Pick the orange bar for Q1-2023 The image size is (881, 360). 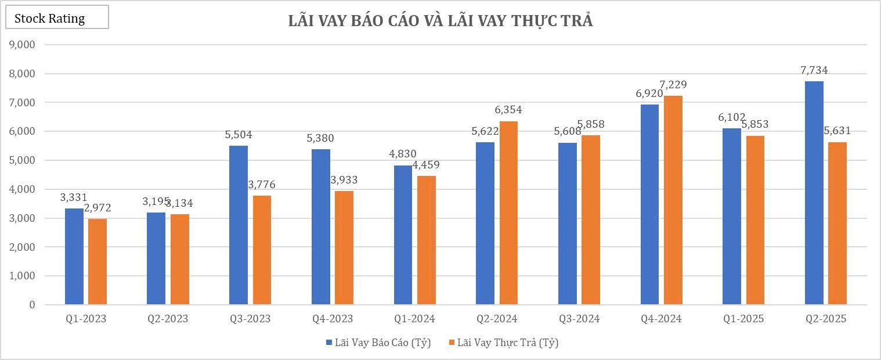click(x=98, y=261)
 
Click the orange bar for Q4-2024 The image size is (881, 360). click(x=673, y=200)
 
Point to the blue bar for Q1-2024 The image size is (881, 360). click(x=403, y=235)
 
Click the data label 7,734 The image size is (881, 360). click(x=814, y=70)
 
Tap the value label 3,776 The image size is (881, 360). click(x=262, y=185)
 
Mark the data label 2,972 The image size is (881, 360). click(x=98, y=208)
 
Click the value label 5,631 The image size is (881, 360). click(x=837, y=131)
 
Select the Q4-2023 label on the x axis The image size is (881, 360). click(x=333, y=319)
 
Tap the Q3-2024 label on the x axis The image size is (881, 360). click(x=579, y=319)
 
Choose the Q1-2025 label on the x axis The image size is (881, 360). click(x=743, y=319)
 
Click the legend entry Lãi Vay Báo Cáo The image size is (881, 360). click(x=382, y=343)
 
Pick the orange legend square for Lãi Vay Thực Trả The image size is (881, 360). click(x=452, y=343)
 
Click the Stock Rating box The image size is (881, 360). click(x=57, y=18)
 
